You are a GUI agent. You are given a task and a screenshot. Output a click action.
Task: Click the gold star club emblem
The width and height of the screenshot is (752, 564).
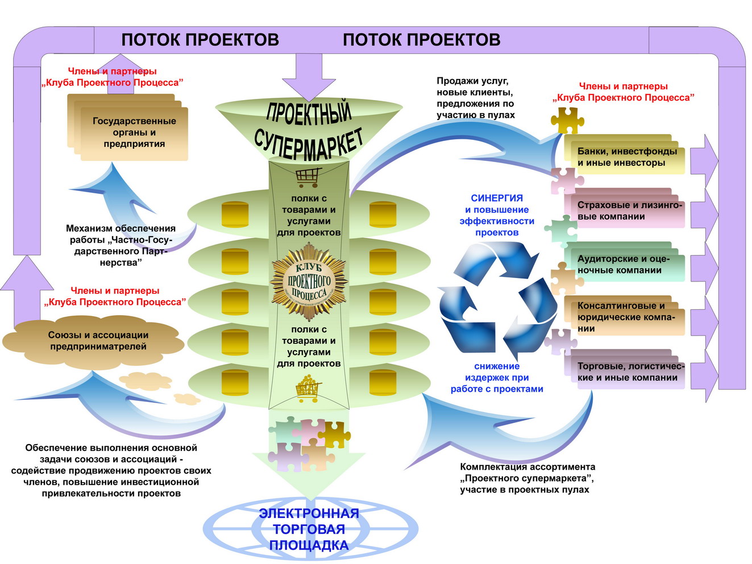309,281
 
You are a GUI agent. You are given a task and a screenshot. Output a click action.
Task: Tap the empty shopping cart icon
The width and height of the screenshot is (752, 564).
308,177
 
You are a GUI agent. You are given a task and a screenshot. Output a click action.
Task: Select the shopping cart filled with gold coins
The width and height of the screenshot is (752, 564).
308,389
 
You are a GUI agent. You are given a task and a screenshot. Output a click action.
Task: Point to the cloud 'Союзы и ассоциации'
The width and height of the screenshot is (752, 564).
93,342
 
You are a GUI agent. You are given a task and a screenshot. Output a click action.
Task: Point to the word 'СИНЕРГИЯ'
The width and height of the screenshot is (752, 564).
497,198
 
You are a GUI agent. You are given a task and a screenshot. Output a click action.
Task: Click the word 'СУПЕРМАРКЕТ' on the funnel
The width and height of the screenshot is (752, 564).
308,143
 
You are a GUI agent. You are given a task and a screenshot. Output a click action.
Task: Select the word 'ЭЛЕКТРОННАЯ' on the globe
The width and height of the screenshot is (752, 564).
309,513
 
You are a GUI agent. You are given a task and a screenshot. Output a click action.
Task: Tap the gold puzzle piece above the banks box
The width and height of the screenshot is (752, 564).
567,121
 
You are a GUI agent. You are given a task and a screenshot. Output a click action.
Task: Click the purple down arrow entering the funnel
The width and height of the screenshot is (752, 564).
309,77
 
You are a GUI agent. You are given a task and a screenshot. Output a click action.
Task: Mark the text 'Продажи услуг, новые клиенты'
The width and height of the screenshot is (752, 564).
475,86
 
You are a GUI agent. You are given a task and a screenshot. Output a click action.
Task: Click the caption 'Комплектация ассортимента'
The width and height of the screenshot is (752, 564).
527,467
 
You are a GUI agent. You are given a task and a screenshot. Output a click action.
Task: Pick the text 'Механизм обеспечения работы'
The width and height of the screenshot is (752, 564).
121,234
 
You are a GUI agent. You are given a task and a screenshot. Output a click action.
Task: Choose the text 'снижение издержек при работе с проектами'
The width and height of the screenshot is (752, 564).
497,378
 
